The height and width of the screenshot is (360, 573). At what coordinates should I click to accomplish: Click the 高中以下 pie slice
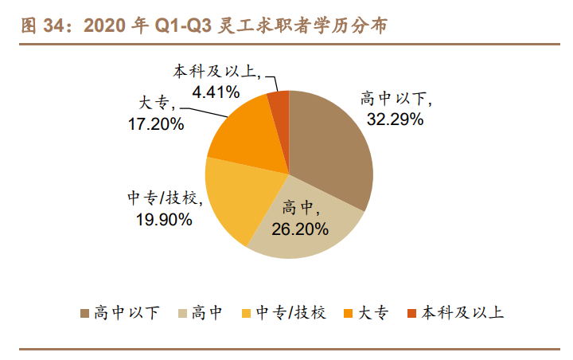(334, 151)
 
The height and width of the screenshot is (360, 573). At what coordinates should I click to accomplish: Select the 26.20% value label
(300, 230)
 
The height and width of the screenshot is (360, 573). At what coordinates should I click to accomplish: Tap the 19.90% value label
(163, 220)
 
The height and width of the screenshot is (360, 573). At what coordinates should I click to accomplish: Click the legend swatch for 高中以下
(84, 312)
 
